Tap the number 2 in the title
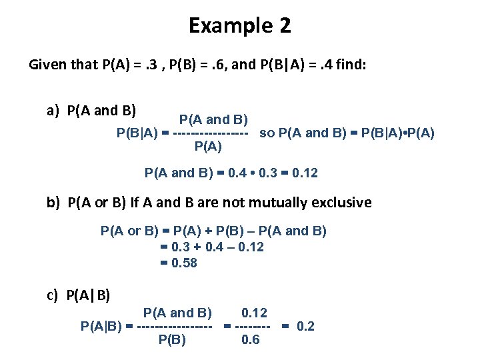(285, 26)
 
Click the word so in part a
(267, 133)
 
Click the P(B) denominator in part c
(172, 339)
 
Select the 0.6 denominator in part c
(250, 339)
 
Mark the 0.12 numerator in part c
(254, 312)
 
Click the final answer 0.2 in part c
(305, 326)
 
